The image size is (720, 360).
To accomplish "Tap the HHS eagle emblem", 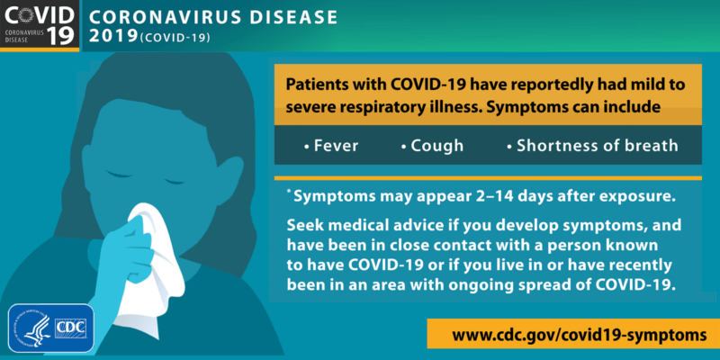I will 32,328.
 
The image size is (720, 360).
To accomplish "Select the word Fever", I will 336,145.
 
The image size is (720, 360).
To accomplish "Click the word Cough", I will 437,145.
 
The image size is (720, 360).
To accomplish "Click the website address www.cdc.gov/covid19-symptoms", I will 572,334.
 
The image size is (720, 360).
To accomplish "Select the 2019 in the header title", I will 113,38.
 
